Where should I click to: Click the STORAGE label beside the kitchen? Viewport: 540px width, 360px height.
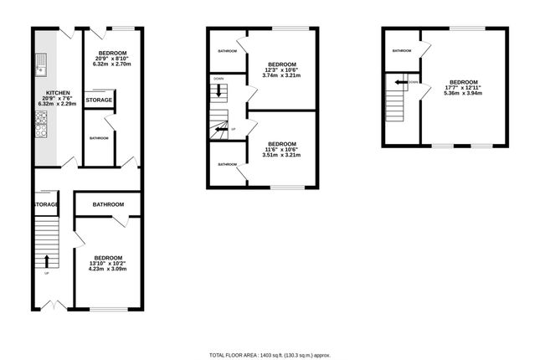(x=100, y=100)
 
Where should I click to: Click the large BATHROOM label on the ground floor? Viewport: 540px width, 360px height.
(x=109, y=204)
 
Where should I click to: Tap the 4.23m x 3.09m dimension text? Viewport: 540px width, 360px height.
(x=109, y=269)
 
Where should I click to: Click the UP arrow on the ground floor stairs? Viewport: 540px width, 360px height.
(x=46, y=260)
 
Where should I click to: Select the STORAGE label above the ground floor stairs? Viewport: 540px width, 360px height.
(x=45, y=204)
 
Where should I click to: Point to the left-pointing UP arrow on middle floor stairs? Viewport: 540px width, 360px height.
(x=220, y=130)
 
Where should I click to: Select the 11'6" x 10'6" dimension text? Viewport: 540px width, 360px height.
(x=280, y=149)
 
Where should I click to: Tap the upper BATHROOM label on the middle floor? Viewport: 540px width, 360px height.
(x=228, y=51)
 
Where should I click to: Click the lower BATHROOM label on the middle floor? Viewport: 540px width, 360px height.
(x=228, y=164)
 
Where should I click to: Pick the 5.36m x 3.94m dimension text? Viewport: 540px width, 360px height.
(x=463, y=94)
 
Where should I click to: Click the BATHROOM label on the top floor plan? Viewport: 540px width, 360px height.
(x=402, y=51)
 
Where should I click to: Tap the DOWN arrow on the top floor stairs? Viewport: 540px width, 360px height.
(x=401, y=82)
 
